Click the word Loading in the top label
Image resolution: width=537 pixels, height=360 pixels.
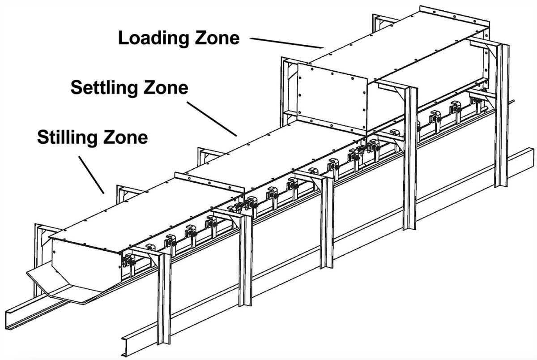pyautogui.click(x=147, y=38)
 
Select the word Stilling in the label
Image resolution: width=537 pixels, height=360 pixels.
pyautogui.click(x=67, y=137)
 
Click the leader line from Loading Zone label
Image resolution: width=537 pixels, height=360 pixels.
pyautogui.click(x=286, y=43)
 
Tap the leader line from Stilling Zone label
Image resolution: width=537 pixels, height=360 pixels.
pyautogui.click(x=92, y=175)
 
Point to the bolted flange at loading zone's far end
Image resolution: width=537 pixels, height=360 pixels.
pyautogui.click(x=452, y=16)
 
